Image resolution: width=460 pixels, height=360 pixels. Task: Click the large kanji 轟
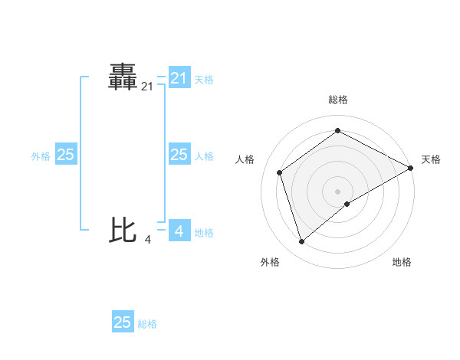123,78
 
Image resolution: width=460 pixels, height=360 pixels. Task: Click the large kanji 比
123,229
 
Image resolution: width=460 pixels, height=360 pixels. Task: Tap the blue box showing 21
179,78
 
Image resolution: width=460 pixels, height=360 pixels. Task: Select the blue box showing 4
179,231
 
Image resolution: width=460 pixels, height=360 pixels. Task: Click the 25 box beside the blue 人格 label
179,155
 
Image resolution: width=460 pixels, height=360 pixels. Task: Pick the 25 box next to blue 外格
65,155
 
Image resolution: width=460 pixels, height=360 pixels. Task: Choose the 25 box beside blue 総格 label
123,322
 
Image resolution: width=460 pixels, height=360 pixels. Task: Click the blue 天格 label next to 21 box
204,79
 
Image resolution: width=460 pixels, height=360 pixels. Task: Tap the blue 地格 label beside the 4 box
204,232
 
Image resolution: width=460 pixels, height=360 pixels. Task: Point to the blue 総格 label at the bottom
147,324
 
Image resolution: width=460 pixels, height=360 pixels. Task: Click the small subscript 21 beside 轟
147,87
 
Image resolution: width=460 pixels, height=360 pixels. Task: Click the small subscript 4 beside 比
147,240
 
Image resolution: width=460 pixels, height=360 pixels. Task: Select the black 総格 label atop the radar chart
337,100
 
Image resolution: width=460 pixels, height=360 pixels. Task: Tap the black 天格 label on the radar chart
431,159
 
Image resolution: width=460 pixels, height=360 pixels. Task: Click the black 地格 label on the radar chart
402,262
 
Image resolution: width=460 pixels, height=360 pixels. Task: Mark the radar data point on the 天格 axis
411,168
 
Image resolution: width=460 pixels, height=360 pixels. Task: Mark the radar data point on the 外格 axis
301,242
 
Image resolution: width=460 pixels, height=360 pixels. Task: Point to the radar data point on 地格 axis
347,204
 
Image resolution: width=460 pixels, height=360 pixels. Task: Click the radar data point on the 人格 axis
280,172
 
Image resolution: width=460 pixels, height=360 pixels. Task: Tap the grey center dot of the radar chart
337,191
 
